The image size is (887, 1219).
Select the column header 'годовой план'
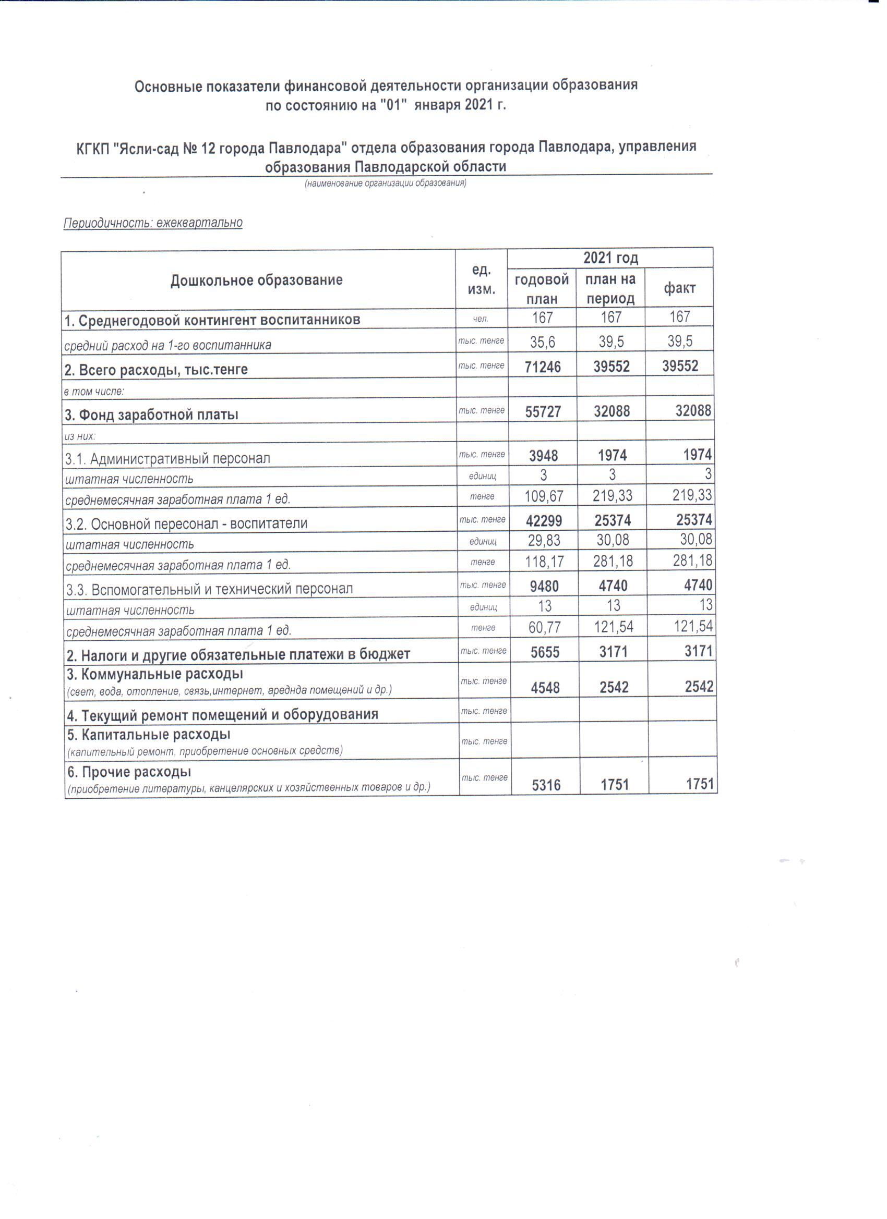click(x=542, y=289)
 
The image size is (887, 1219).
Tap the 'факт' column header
click(x=679, y=289)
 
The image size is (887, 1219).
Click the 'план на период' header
click(x=610, y=289)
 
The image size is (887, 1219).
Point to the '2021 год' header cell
click(x=610, y=259)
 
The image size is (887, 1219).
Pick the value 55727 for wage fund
click(x=543, y=412)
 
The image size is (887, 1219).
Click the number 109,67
click(x=544, y=496)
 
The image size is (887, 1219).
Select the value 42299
click(x=544, y=521)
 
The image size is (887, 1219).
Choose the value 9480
click(x=544, y=587)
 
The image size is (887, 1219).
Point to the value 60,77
click(x=545, y=627)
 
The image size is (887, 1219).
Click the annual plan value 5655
click(x=545, y=652)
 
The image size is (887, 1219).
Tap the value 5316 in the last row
click(x=546, y=785)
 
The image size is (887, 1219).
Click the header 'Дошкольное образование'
click(x=257, y=280)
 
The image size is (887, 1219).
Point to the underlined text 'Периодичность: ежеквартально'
click(x=153, y=223)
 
